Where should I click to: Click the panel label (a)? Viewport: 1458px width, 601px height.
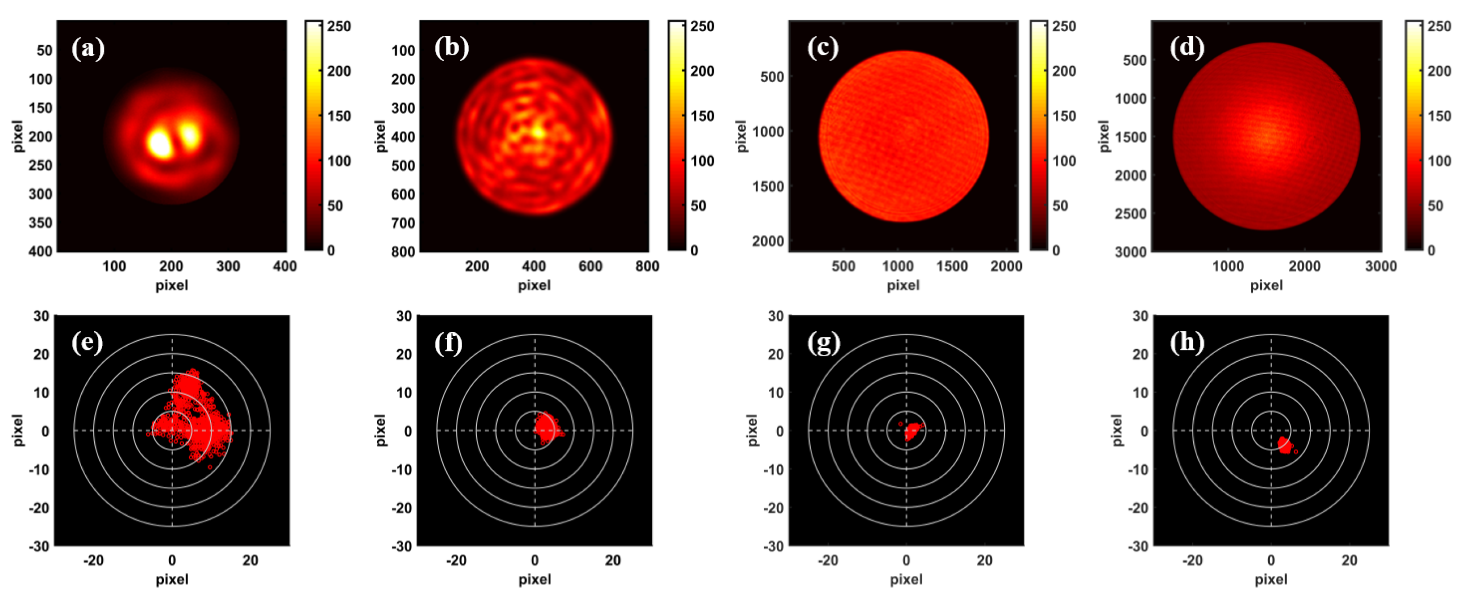coord(88,48)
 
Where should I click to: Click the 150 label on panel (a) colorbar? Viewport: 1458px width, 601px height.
coord(339,116)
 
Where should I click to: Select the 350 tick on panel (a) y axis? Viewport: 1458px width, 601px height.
coord(40,222)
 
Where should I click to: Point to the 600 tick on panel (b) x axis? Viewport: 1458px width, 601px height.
coord(590,266)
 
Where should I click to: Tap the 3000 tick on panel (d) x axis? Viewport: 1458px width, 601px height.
coord(1380,266)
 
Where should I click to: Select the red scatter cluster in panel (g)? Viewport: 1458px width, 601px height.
coord(912,432)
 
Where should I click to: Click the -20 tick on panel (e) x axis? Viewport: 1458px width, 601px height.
coord(93,560)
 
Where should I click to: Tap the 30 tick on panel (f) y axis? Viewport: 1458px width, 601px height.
coord(404,316)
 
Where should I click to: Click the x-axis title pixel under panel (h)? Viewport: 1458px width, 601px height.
coord(1271,580)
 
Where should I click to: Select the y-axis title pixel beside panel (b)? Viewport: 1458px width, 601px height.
coord(380,136)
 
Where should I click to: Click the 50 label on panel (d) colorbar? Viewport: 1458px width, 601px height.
coord(1435,205)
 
